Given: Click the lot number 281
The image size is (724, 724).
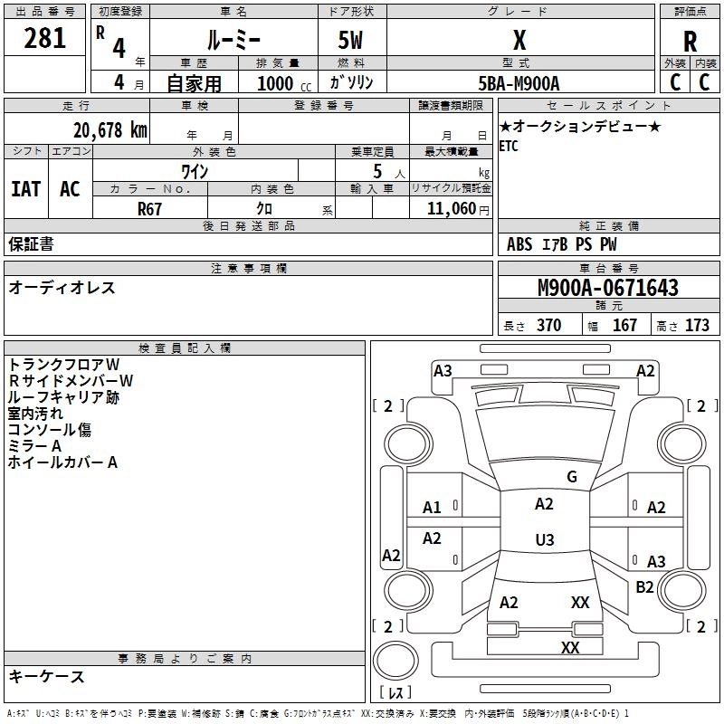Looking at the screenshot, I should (x=44, y=38).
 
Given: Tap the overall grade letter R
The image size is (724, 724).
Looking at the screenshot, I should (x=690, y=41).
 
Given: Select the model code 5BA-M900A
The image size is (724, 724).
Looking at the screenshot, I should (x=519, y=83).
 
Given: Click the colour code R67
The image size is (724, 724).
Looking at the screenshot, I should (x=150, y=208).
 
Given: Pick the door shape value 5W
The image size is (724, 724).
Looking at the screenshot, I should (x=351, y=41).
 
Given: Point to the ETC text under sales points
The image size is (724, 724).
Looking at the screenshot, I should (x=509, y=148).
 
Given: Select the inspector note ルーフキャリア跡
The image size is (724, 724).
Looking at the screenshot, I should (x=63, y=396).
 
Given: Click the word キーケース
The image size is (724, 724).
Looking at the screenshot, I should (x=46, y=676).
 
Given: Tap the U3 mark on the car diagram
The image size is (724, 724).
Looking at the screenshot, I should (x=544, y=540).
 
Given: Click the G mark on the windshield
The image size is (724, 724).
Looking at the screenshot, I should (x=571, y=477).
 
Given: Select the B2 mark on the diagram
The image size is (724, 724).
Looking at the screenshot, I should (x=644, y=587).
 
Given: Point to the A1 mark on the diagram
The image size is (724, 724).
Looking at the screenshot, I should (x=433, y=508).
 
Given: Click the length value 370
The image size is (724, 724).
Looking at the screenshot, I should (x=548, y=326).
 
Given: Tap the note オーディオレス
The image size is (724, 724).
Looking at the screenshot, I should (x=62, y=288).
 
